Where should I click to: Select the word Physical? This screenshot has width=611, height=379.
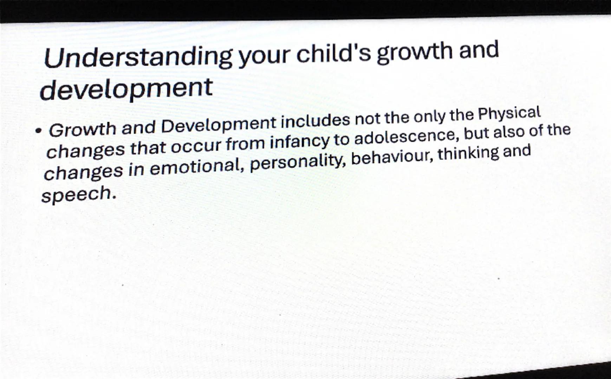pos(509,114)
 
